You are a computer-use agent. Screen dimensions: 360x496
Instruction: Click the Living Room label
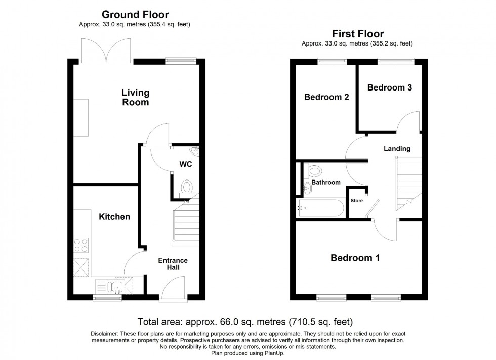click(135, 97)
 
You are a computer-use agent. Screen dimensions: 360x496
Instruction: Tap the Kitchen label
click(114, 217)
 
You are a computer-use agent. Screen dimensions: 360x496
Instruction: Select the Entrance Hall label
click(174, 264)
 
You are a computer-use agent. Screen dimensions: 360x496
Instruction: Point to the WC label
click(186, 164)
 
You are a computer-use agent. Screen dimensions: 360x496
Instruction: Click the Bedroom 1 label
click(355, 258)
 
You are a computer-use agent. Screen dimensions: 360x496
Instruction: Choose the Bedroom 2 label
click(326, 97)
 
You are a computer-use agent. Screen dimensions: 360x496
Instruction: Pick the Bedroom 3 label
click(389, 87)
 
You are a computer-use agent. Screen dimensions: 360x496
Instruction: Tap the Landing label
click(397, 149)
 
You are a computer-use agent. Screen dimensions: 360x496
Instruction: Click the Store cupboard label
click(357, 201)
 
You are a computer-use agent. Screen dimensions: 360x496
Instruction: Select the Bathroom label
click(325, 182)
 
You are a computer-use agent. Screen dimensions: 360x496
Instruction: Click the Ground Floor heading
click(135, 14)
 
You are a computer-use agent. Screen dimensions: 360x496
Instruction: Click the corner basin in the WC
click(195, 150)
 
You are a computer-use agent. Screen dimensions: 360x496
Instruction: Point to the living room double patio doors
click(106, 51)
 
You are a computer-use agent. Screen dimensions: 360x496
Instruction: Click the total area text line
click(245, 322)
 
